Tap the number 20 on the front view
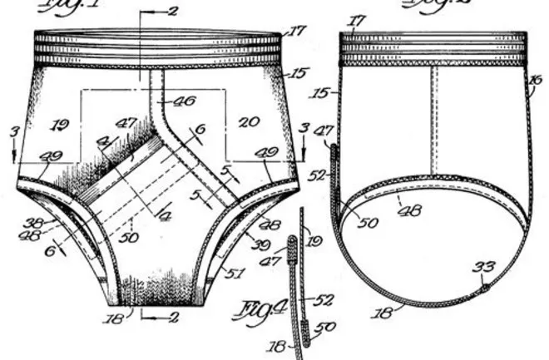(x=250, y=122)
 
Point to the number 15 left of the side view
(x=321, y=94)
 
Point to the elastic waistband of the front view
(x=156, y=50)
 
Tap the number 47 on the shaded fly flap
(x=126, y=123)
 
